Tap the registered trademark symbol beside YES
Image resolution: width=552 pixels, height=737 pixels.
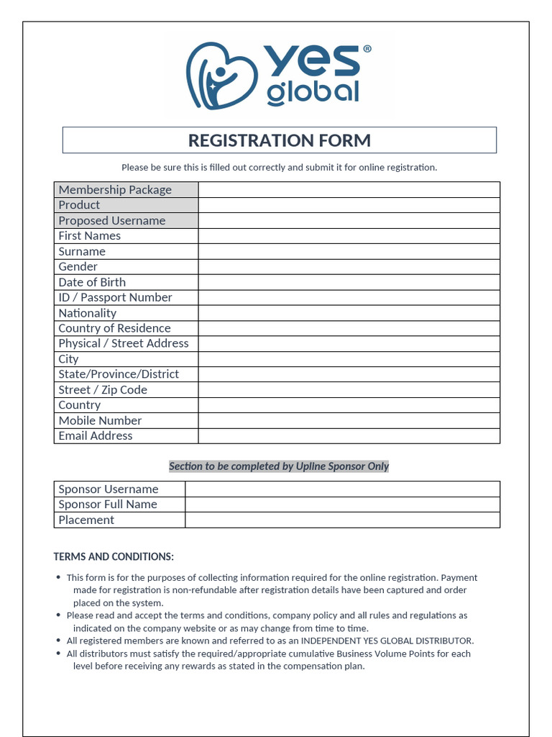(367, 49)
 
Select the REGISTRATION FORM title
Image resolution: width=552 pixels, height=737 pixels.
(279, 140)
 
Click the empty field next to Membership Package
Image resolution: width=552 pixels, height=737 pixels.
(349, 190)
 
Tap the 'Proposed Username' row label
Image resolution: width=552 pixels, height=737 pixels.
(112, 221)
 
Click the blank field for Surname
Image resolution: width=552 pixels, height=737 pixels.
(349, 252)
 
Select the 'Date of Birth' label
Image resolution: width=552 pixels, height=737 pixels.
(92, 282)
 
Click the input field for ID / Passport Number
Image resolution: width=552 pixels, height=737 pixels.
(349, 298)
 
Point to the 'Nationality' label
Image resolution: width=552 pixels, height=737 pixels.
(87, 313)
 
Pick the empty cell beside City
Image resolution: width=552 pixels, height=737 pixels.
(349, 359)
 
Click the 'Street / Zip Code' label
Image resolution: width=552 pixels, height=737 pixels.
(103, 390)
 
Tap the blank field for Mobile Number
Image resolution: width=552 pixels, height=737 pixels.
(349, 421)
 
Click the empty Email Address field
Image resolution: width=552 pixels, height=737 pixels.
(349, 436)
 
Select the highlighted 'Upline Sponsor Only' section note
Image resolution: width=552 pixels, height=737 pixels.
(279, 466)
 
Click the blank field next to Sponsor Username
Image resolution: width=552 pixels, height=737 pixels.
(342, 489)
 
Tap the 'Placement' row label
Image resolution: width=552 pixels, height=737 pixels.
(86, 520)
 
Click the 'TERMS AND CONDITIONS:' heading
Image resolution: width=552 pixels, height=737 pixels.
(114, 557)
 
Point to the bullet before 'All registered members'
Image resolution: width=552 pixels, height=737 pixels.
(58, 641)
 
